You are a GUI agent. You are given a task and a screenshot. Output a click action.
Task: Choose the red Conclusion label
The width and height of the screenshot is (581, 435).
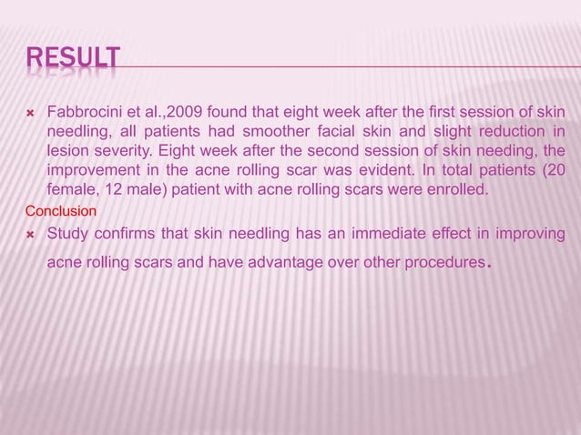pyautogui.click(x=54, y=208)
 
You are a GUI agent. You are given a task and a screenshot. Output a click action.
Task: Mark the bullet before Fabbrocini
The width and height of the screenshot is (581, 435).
pyautogui.click(x=29, y=113)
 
